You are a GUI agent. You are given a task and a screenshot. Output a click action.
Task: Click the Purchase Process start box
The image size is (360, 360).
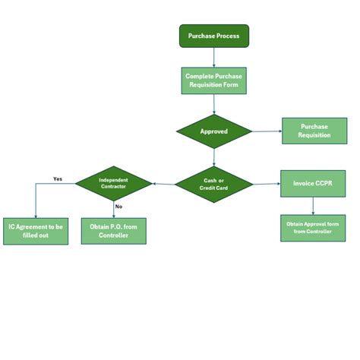point(213,36)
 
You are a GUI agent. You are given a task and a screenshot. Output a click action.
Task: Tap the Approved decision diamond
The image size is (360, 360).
point(213,131)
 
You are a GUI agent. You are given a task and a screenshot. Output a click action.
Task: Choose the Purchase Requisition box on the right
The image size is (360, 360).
point(314,131)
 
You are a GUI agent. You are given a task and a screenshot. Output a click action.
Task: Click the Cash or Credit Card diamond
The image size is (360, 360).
point(213,184)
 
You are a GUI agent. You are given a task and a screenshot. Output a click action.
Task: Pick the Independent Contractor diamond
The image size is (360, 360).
point(113,184)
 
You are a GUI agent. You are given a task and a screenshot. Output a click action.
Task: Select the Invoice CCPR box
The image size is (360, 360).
point(312,184)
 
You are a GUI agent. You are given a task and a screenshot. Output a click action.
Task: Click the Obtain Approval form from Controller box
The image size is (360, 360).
point(313,227)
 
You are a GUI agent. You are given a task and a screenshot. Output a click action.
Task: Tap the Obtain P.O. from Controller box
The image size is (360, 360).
point(113,231)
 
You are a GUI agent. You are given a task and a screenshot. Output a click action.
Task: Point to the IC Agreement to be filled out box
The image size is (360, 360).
point(35,231)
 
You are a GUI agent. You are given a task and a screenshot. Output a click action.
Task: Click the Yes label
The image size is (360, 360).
point(58,179)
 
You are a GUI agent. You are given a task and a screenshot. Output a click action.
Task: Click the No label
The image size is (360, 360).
point(118,206)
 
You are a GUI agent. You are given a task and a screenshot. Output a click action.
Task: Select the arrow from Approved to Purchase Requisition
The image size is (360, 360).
point(266,131)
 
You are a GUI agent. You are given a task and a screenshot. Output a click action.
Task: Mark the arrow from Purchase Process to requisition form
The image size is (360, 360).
point(213,58)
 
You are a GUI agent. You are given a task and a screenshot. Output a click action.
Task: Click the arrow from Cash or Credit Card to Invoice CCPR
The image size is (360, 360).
point(266,184)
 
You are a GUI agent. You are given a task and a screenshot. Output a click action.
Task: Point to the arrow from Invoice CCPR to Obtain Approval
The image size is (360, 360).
point(313,206)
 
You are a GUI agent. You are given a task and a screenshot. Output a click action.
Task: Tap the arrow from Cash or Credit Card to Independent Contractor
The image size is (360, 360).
point(163,184)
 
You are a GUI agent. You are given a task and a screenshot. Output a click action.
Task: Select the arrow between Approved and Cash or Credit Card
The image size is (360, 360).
point(213,157)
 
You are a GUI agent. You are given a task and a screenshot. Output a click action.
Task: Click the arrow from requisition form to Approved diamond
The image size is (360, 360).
point(213,104)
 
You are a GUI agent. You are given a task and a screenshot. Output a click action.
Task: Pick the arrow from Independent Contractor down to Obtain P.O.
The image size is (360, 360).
point(113,210)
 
